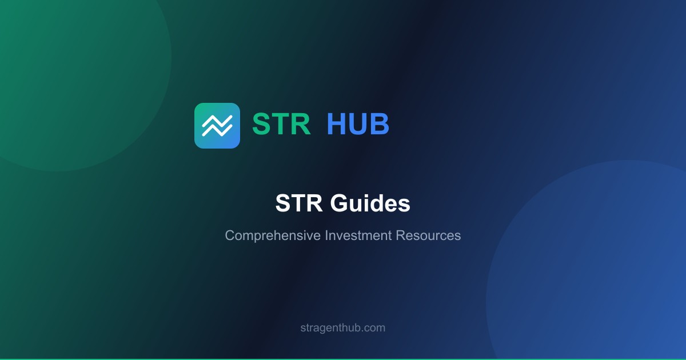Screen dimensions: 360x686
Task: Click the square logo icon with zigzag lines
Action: click(x=217, y=126)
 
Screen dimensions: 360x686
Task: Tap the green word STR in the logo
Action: click(x=281, y=124)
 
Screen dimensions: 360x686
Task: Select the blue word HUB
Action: click(x=358, y=124)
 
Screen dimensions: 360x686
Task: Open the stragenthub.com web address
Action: click(x=343, y=328)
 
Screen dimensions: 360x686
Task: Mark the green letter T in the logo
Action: click(x=281, y=124)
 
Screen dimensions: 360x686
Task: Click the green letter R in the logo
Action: click(x=301, y=124)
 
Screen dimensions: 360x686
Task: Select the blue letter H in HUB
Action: click(x=337, y=124)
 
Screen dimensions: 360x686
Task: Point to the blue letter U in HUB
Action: click(x=358, y=124)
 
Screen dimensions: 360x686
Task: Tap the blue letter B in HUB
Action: click(x=380, y=124)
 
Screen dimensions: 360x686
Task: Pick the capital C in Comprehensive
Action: click(x=230, y=235)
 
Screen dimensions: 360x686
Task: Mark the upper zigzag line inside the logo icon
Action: click(x=217, y=121)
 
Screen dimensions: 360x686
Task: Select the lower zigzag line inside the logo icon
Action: click(x=217, y=130)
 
